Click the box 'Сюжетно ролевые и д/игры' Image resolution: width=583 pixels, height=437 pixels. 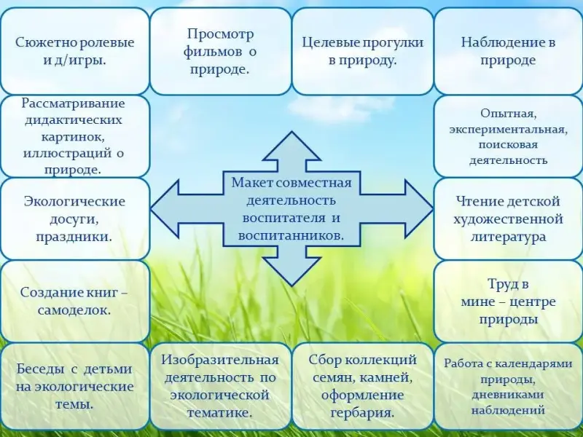pos(74,51)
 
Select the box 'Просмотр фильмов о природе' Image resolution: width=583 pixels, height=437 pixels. pos(220,51)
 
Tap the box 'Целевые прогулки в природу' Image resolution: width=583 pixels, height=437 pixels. pos(362,51)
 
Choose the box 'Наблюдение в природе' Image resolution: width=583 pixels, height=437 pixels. pos(508,51)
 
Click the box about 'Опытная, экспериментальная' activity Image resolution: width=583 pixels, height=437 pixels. pos(508,136)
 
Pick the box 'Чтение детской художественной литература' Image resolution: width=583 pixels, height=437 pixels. pos(508,218)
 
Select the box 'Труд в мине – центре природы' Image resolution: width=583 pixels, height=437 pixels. pos(508,301)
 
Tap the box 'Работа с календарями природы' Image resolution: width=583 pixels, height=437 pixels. pos(508,386)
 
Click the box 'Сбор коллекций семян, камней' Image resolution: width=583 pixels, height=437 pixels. pos(362,386)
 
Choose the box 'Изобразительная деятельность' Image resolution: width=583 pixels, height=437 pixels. pos(220,386)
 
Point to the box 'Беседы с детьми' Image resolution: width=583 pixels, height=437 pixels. pos(74,386)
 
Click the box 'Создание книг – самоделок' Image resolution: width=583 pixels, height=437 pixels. pos(74,301)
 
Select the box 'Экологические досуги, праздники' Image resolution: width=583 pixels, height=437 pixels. pos(74,218)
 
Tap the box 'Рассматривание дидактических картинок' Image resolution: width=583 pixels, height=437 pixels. pos(74,136)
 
